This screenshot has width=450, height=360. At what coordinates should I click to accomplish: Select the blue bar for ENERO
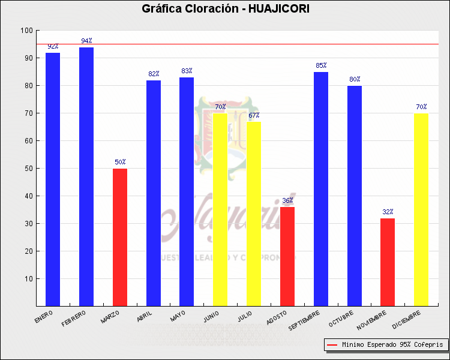[x=53, y=179]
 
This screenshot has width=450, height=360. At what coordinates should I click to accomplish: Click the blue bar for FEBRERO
[x=86, y=176]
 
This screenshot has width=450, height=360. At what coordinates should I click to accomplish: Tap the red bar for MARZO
[x=120, y=237]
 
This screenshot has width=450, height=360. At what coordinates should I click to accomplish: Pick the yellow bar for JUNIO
[x=220, y=209]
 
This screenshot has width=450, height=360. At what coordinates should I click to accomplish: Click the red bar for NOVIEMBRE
[x=388, y=262]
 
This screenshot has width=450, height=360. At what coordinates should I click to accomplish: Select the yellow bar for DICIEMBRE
[x=421, y=209]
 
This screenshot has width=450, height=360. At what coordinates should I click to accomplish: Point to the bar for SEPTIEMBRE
[x=321, y=189]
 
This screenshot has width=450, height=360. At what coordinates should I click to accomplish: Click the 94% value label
[x=86, y=41]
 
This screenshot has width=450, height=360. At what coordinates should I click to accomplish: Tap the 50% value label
[x=120, y=162]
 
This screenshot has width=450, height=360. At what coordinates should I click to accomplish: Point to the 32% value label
[x=388, y=212]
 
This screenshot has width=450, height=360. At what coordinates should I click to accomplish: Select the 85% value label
[x=321, y=65]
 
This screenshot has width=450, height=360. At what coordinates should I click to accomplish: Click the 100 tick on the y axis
[x=26, y=31]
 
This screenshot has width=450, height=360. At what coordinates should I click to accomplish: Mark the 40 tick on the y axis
[x=28, y=196]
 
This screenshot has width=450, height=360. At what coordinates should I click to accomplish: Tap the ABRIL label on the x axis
[x=145, y=316]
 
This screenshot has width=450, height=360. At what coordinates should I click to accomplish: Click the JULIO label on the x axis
[x=245, y=316]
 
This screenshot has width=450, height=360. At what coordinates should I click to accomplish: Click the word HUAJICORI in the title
[x=278, y=8]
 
